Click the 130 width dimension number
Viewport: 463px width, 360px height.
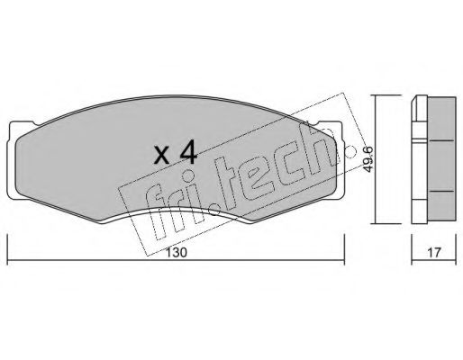[177, 252]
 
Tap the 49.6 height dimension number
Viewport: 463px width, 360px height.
[368, 159]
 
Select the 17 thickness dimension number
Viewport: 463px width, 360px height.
[434, 252]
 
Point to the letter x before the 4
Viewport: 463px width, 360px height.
[162, 156]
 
